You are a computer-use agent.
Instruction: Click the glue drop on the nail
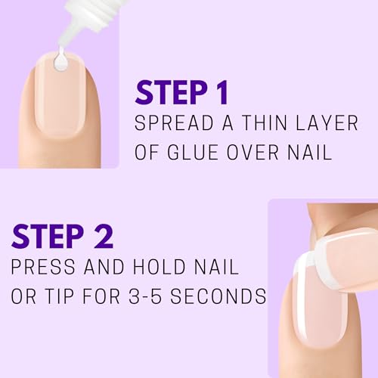tap(60, 64)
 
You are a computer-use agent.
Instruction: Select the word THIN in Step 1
tap(259, 123)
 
